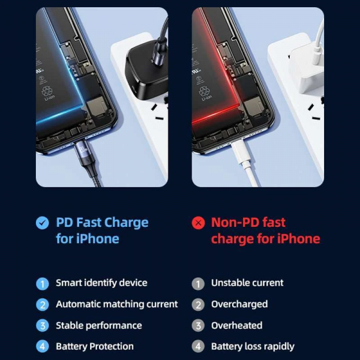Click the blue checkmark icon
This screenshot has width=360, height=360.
point(42,223)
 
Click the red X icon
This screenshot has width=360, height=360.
point(198,223)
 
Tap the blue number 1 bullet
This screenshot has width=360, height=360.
point(42,283)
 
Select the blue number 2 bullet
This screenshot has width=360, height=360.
point(42,304)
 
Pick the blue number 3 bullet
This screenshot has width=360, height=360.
point(42,326)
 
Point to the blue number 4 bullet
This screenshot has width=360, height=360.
point(42,347)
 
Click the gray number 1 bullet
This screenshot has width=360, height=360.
point(198,283)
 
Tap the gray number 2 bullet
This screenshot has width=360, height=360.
point(198,304)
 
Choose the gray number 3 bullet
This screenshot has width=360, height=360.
point(198,326)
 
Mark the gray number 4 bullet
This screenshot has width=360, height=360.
point(198,347)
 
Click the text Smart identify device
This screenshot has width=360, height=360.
point(101,283)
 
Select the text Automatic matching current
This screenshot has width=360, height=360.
point(117,304)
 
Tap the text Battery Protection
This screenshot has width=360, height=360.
point(95,346)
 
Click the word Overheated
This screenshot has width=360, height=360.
point(236,325)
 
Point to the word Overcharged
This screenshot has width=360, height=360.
point(239,304)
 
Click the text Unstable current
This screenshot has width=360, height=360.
point(247,283)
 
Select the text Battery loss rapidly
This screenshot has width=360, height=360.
point(253,346)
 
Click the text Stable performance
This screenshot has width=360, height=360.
point(99,325)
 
